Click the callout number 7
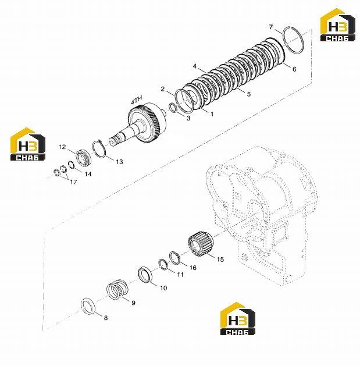[270, 27]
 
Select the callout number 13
[119, 162]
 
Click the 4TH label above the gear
[137, 100]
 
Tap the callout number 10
[163, 288]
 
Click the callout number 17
[73, 182]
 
